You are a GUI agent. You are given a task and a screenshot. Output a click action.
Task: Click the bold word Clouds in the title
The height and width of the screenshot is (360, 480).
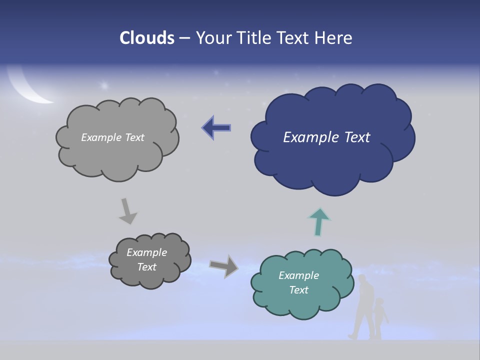coord(147,38)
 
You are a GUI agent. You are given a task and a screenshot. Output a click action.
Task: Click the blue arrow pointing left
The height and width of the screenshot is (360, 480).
coord(216,128)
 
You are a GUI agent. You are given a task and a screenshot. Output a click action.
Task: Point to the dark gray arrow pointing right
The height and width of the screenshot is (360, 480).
coord(224,266)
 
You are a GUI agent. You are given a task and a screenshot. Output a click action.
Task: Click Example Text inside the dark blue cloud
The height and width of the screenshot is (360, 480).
coord(326,137)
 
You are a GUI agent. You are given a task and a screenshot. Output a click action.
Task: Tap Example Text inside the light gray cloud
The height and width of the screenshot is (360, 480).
coord(112,137)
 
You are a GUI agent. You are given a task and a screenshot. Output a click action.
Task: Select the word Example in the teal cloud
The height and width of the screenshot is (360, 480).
coord(298,275)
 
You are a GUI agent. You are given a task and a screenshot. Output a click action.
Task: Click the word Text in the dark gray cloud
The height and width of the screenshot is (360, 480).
coord(146,267)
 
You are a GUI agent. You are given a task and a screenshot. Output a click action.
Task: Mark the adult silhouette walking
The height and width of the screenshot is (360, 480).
coord(363,307)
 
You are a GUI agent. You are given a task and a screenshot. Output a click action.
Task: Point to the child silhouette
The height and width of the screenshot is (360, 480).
coord(380,318)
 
